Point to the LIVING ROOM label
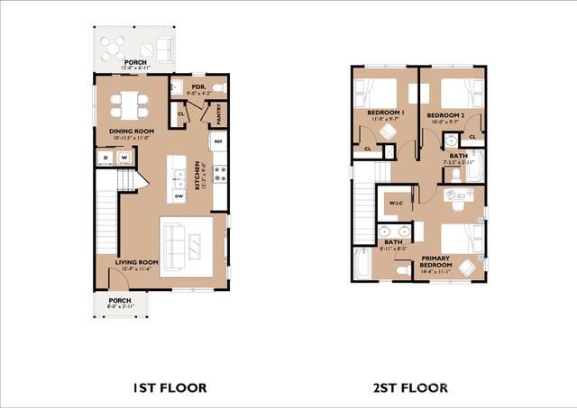(136, 262)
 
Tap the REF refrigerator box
(217, 141)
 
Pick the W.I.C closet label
(395, 203)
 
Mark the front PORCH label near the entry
(120, 301)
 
